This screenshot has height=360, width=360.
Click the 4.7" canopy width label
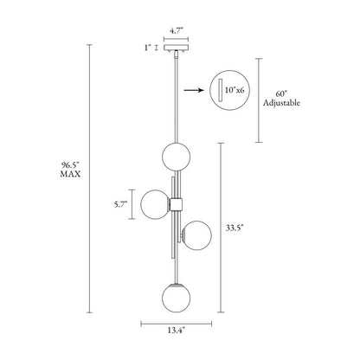pyautogui.click(x=177, y=31)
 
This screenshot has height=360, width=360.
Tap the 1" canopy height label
pyautogui.click(x=148, y=48)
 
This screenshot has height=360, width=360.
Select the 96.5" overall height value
pyautogui.click(x=70, y=165)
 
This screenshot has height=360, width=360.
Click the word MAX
pyautogui.click(x=70, y=174)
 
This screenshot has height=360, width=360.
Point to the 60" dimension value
pyautogui.click(x=281, y=94)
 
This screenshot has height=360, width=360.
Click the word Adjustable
pyautogui.click(x=281, y=103)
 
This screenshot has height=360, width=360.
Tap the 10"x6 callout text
pyautogui.click(x=235, y=90)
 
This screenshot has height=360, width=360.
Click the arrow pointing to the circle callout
pyautogui.click(x=194, y=91)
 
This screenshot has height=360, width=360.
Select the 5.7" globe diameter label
pyautogui.click(x=120, y=204)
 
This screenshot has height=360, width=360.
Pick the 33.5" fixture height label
pyautogui.click(x=235, y=228)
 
